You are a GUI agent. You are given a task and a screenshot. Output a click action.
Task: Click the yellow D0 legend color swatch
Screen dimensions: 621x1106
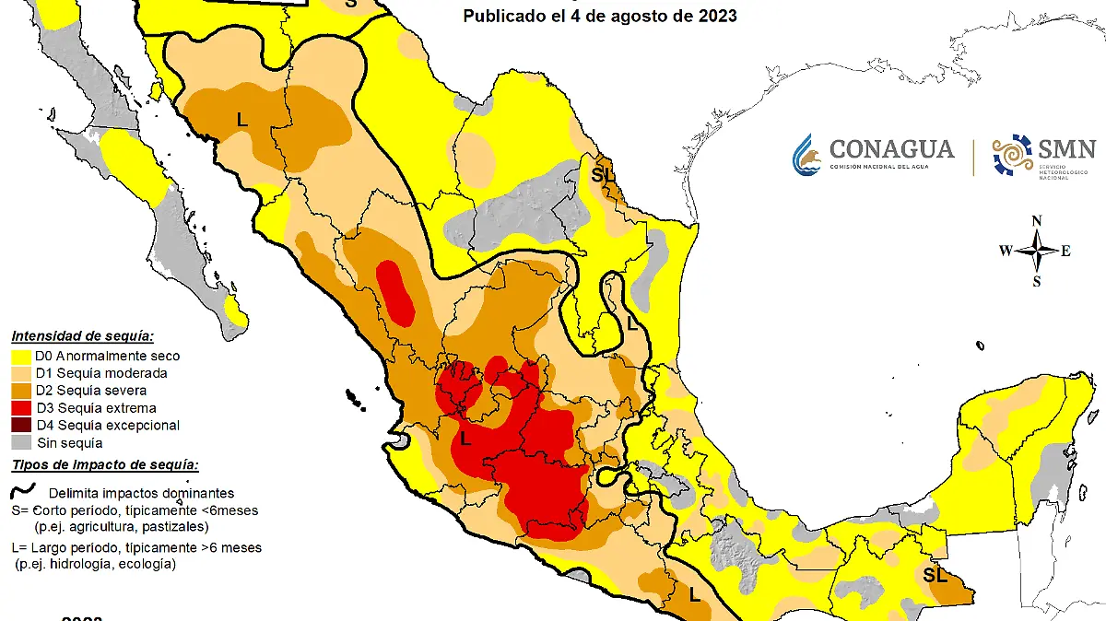21,356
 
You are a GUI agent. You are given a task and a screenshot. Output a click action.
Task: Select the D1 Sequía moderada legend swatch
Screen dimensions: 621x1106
21,373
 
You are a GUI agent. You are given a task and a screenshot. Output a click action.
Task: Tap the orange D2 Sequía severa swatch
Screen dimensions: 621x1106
21,391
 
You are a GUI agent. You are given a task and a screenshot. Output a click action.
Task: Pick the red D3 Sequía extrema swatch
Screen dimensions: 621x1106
21,408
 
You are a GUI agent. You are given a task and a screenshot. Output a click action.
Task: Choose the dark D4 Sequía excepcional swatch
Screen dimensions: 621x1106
21,426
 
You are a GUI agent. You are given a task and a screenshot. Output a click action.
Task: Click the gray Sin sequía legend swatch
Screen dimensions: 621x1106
21,443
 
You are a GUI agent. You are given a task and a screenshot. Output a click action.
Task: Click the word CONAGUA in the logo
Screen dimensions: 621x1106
891,148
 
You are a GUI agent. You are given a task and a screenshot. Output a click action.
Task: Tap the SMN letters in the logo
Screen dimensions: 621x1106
1067,149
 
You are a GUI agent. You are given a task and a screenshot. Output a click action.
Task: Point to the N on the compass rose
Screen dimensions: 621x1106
1037,220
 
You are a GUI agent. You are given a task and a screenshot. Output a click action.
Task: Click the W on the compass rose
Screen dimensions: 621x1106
1006,251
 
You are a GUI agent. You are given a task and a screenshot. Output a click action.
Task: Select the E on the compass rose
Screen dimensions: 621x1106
1066,251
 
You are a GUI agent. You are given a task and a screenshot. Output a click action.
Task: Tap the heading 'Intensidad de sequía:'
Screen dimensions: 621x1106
82,336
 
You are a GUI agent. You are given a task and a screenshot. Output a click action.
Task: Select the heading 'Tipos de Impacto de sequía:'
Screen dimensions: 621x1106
104,465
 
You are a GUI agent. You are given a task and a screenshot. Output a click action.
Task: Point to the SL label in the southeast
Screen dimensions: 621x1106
935,576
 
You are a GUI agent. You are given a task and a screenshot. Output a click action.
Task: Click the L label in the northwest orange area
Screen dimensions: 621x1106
242,119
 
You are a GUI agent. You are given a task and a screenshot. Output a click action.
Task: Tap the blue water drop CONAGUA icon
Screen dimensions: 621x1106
806,155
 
